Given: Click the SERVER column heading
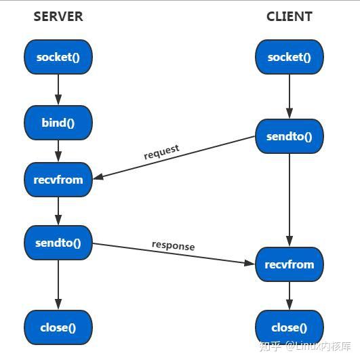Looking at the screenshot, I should pyautogui.click(x=58, y=16).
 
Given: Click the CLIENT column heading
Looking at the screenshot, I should pyautogui.click(x=289, y=16).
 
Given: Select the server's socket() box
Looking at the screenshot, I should pyautogui.click(x=58, y=57).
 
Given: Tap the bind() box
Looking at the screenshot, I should pyautogui.click(x=58, y=123).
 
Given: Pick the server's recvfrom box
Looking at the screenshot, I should pyautogui.click(x=58, y=180).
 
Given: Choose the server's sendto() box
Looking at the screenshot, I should pyautogui.click(x=58, y=243).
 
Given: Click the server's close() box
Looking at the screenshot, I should pyautogui.click(x=58, y=327).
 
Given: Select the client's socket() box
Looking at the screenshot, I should pyautogui.click(x=289, y=57).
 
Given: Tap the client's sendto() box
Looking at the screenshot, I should pyautogui.click(x=289, y=136).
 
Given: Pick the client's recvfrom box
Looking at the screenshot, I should pyautogui.click(x=289, y=264).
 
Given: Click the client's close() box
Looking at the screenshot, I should pyautogui.click(x=289, y=327).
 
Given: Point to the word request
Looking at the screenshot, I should pyautogui.click(x=161, y=151).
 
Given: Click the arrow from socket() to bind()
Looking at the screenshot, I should pyautogui.click(x=58, y=89).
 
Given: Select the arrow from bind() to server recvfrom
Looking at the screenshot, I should pyautogui.click(x=58, y=151).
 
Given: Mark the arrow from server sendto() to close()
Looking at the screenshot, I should pyautogui.click(x=58, y=285).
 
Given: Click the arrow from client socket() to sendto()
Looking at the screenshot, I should pyautogui.click(x=289, y=96).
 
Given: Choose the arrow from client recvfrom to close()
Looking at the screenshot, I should pyautogui.click(x=289, y=296).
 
